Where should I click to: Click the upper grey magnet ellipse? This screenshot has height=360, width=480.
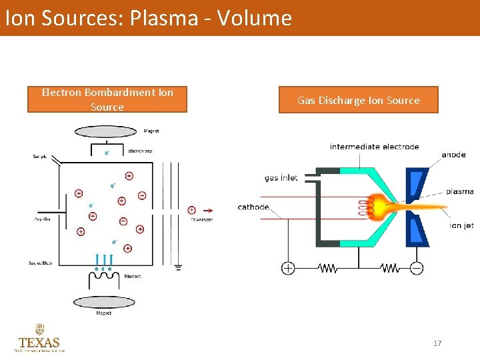pyautogui.click(x=104, y=129)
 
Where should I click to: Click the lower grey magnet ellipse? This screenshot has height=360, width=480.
pyautogui.click(x=103, y=302)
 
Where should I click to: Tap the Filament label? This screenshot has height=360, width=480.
pyautogui.click(x=132, y=276)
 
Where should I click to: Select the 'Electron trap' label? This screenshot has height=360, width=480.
pyautogui.click(x=140, y=151)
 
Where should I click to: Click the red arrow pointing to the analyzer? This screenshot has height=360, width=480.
pyautogui.click(x=207, y=209)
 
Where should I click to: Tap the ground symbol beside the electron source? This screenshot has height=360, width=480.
pyautogui.click(x=177, y=268)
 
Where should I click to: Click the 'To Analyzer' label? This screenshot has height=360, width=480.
pyautogui.click(x=201, y=220)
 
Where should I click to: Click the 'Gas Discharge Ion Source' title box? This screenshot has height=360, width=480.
pyautogui.click(x=358, y=100)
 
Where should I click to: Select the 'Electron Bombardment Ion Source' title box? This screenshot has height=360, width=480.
pyautogui.click(x=107, y=99)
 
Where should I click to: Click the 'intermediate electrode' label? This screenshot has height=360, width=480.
pyautogui.click(x=374, y=147)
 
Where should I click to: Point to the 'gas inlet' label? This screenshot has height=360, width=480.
pyautogui.click(x=281, y=178)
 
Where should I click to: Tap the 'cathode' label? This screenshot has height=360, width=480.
pyautogui.click(x=253, y=207)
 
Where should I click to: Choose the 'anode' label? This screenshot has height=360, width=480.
pyautogui.click(x=453, y=155)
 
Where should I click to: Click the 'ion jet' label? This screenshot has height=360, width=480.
pyautogui.click(x=461, y=225)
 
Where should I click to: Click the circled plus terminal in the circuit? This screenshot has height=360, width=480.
pyautogui.click(x=288, y=268)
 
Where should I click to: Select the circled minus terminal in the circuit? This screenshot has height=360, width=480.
pyautogui.click(x=417, y=268)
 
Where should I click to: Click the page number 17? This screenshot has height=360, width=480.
pyautogui.click(x=437, y=343)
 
